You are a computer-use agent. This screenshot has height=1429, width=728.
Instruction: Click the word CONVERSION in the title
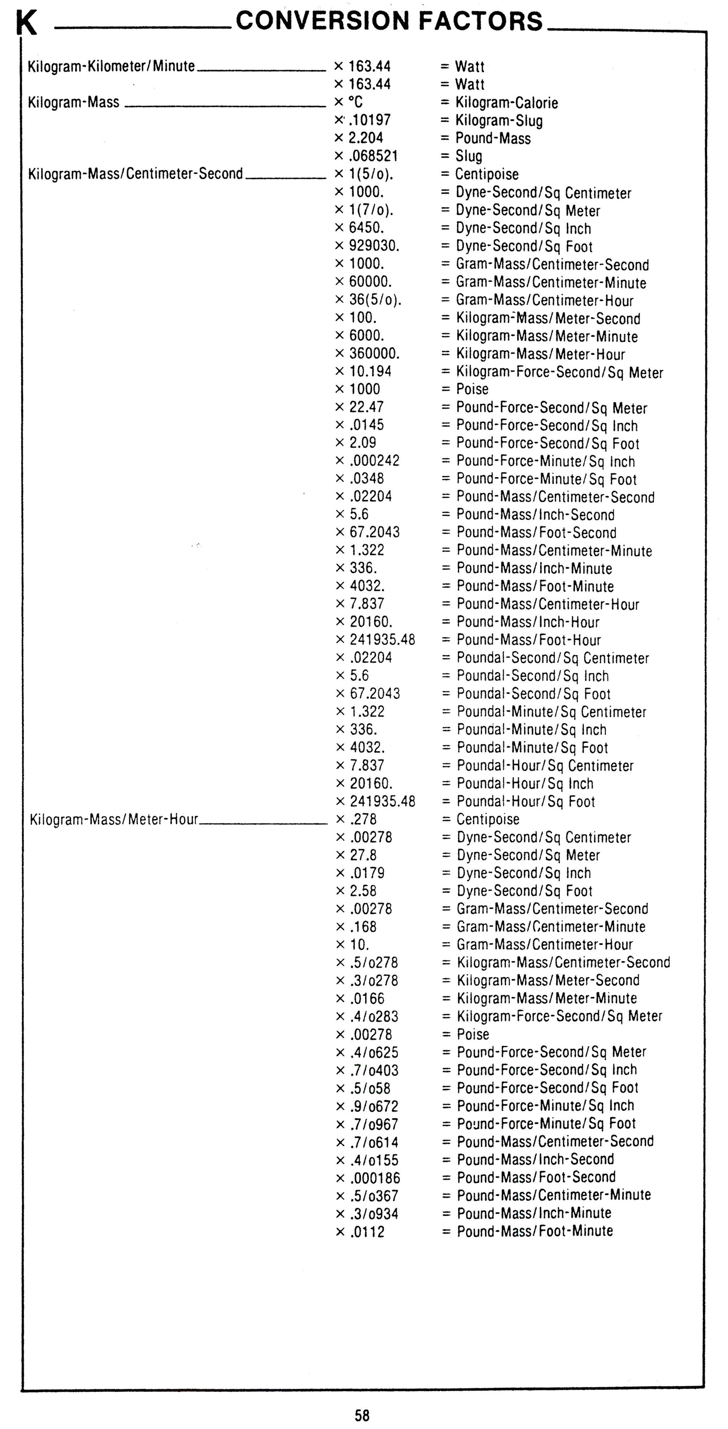tap(322, 21)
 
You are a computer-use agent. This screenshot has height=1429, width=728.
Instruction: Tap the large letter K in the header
tap(26, 23)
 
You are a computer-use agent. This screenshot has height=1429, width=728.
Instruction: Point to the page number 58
tap(362, 1415)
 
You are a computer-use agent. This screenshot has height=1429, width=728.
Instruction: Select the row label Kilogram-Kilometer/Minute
tap(112, 66)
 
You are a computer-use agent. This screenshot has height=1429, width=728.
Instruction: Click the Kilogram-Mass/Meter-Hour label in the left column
tap(114, 819)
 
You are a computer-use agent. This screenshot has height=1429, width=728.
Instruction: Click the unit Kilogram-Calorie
tap(506, 103)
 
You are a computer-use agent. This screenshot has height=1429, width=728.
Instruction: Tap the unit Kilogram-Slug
tap(499, 120)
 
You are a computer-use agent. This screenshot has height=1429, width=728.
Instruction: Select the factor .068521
tap(373, 156)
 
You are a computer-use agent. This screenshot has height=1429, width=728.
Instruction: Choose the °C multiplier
tap(355, 102)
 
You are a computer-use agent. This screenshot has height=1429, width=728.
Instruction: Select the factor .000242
tap(374, 460)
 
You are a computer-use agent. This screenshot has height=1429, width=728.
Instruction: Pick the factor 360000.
tap(374, 353)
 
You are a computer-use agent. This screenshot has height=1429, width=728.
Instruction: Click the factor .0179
tap(367, 873)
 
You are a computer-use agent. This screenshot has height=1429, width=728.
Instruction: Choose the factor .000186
tap(375, 1178)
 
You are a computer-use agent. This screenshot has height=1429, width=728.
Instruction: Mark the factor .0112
tap(367, 1232)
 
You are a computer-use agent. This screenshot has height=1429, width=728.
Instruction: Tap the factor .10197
tap(370, 120)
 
